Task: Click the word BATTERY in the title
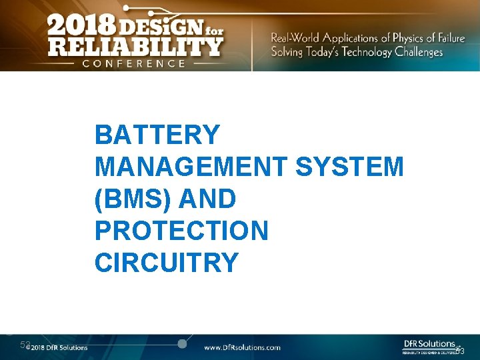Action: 157,135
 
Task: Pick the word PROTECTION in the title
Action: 181,231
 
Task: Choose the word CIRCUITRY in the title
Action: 166,263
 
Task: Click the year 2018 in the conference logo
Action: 80,27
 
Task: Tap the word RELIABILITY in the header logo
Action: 134,46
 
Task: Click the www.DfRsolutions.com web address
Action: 242,347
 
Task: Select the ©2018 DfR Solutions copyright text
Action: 57,347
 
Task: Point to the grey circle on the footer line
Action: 181,343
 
